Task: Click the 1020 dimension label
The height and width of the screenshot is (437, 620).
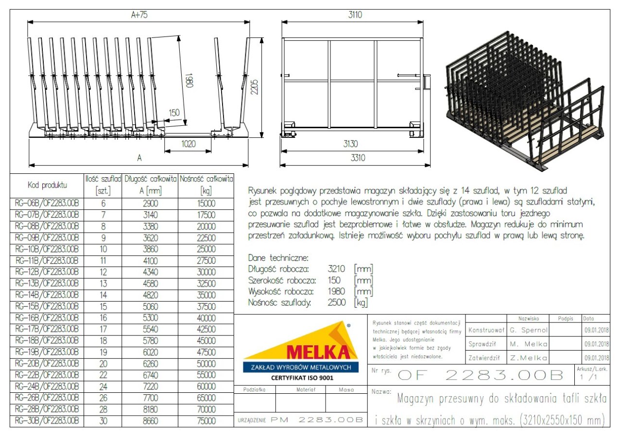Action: (x=189, y=144)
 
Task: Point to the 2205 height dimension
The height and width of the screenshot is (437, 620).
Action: (x=254, y=87)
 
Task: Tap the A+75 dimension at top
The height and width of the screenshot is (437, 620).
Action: (x=139, y=15)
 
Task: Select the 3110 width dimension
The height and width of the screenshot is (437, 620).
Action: (x=355, y=15)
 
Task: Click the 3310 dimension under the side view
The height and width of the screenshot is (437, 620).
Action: (x=358, y=158)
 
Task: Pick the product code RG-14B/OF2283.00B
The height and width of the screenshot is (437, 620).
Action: (x=47, y=295)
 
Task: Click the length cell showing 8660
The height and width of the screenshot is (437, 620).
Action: (x=150, y=420)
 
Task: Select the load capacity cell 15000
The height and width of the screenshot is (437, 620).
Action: (x=206, y=203)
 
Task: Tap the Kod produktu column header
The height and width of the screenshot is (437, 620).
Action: (x=47, y=185)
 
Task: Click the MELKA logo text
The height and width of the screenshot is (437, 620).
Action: (x=318, y=352)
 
